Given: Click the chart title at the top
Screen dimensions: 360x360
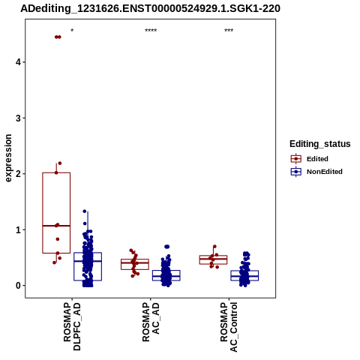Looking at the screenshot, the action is click(x=150, y=8).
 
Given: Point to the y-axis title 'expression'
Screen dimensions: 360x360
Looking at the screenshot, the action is click(x=8, y=158).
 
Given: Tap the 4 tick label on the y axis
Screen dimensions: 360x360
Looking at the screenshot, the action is click(x=18, y=62).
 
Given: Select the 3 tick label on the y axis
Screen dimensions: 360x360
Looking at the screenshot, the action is click(x=18, y=118).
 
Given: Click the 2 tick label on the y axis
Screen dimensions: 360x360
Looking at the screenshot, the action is click(x=18, y=174).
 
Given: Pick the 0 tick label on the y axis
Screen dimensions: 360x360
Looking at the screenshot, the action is click(x=18, y=286).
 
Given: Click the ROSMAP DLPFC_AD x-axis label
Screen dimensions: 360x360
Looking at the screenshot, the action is click(x=72, y=326).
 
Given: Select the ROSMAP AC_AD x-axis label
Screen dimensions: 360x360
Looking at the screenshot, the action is click(x=151, y=322).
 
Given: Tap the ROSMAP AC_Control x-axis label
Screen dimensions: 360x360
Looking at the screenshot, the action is click(x=229, y=327).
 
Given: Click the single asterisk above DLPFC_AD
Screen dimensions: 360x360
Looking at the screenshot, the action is click(x=72, y=31).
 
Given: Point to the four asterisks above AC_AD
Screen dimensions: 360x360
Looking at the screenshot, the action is click(x=151, y=31).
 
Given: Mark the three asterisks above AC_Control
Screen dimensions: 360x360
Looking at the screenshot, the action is click(x=229, y=31).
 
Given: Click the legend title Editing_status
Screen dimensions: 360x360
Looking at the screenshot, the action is click(x=320, y=144).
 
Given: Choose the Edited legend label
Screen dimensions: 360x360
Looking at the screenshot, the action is click(x=317, y=159).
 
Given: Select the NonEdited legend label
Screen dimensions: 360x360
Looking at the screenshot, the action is click(x=325, y=172).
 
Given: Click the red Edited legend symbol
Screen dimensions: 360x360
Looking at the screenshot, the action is click(x=296, y=159).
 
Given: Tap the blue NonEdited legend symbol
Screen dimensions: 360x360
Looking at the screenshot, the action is click(x=296, y=172).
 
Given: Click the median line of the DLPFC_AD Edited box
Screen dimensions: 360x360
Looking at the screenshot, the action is click(x=56, y=226).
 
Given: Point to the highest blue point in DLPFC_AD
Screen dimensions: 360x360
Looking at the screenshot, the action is click(x=85, y=211).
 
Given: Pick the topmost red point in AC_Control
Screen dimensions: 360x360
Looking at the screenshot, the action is click(x=214, y=247).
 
